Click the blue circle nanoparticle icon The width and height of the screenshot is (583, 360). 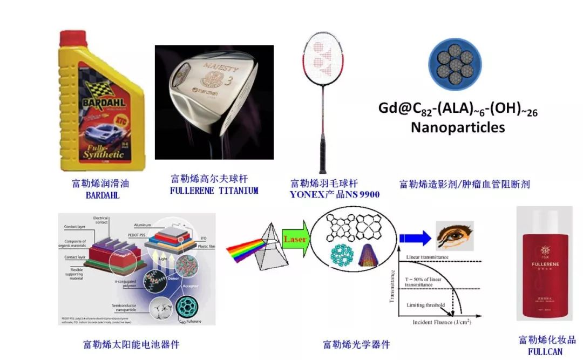[x=455, y=64]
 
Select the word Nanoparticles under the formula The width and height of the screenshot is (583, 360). [x=457, y=128]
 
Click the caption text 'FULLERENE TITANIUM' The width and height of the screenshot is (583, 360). [x=214, y=191]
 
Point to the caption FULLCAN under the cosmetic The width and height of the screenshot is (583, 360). [x=544, y=351]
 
